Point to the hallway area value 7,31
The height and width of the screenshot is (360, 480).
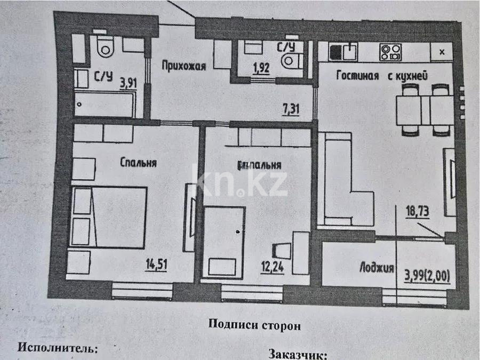point(291,110)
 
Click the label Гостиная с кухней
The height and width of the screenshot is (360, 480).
point(382,76)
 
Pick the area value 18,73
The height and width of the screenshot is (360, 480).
point(416,211)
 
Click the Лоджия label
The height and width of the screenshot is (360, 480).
point(375,268)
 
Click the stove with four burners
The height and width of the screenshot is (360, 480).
point(390,52)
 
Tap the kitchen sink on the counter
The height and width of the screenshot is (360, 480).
point(343,52)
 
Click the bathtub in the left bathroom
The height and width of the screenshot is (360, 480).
point(105,105)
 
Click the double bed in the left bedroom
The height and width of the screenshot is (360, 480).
point(109,217)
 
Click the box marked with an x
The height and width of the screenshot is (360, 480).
point(442,52)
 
